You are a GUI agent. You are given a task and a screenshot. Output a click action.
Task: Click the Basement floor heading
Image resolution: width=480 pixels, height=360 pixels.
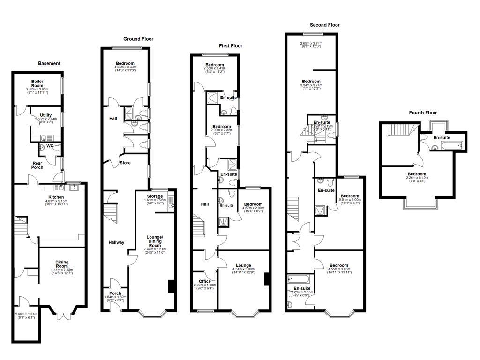click(49, 63)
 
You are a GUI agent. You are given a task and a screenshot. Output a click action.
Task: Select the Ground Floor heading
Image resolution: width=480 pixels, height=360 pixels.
click(138, 39)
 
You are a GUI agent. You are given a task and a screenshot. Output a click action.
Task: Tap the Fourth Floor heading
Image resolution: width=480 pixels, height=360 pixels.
click(423, 112)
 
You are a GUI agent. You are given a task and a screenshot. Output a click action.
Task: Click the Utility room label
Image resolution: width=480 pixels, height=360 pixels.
click(45, 115)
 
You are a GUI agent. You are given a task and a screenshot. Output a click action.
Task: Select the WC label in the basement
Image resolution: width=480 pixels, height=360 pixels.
click(49, 146)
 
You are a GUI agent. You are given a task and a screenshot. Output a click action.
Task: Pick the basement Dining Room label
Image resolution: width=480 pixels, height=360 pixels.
click(62, 262)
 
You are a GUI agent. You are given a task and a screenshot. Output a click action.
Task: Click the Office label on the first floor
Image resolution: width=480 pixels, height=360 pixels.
click(204, 281)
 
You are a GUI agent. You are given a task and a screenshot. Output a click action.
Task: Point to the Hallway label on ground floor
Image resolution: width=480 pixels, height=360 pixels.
click(117, 242)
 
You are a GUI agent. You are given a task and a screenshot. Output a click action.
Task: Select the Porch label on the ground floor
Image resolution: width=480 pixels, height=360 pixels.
click(115, 293)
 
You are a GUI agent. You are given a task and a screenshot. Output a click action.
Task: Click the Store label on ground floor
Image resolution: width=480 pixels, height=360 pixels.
click(125, 163)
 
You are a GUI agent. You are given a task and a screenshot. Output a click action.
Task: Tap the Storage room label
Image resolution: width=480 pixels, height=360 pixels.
click(155, 196)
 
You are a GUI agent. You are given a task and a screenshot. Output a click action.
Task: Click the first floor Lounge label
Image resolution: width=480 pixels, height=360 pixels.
click(243, 265)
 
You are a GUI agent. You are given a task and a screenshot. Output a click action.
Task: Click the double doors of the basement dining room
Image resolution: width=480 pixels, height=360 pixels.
click(61, 315)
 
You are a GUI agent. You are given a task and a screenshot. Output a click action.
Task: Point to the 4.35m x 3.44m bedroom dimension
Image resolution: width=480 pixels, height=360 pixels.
click(125, 67)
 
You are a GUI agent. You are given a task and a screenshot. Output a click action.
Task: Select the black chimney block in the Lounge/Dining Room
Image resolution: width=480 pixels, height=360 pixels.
click(171, 286)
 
